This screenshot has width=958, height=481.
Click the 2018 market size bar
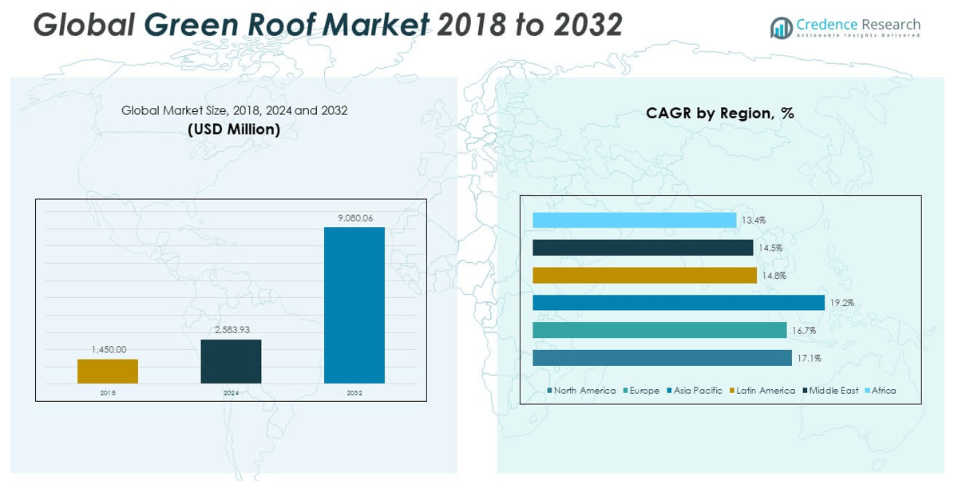point(108,371)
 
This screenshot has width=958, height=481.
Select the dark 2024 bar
point(231,361)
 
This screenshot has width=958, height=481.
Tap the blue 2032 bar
point(354,305)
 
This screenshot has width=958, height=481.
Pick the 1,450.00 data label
point(109,349)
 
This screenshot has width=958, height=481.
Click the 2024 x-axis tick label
point(231,393)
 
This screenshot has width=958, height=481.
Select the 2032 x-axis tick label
point(354,393)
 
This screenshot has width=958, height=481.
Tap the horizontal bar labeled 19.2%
point(678,303)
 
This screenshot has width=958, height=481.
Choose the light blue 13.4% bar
point(634,221)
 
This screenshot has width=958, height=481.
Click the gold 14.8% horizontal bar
point(644,276)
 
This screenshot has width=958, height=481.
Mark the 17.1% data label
point(808,358)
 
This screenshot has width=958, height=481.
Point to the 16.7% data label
point(803,331)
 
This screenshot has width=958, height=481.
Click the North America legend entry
point(581,391)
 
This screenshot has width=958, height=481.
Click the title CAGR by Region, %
point(720,113)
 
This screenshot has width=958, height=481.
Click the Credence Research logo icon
point(781,28)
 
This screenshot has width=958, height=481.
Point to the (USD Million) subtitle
point(234,129)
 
